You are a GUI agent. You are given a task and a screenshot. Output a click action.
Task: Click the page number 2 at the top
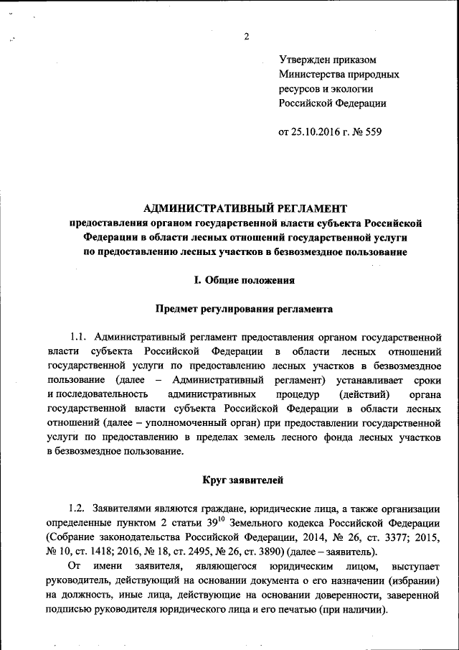[x=246, y=37]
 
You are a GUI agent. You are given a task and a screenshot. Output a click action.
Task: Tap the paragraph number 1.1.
[x=78, y=336]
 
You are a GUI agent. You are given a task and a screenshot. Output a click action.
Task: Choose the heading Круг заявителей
[x=245, y=479]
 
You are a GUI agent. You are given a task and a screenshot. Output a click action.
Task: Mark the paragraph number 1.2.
[x=78, y=507]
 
